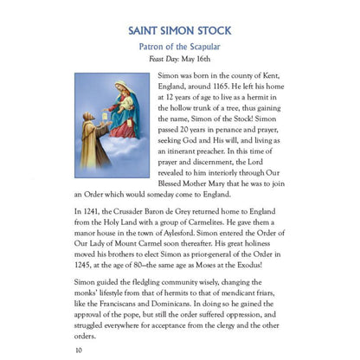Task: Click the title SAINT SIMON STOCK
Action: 179,30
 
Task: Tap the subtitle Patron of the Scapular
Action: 179,48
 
